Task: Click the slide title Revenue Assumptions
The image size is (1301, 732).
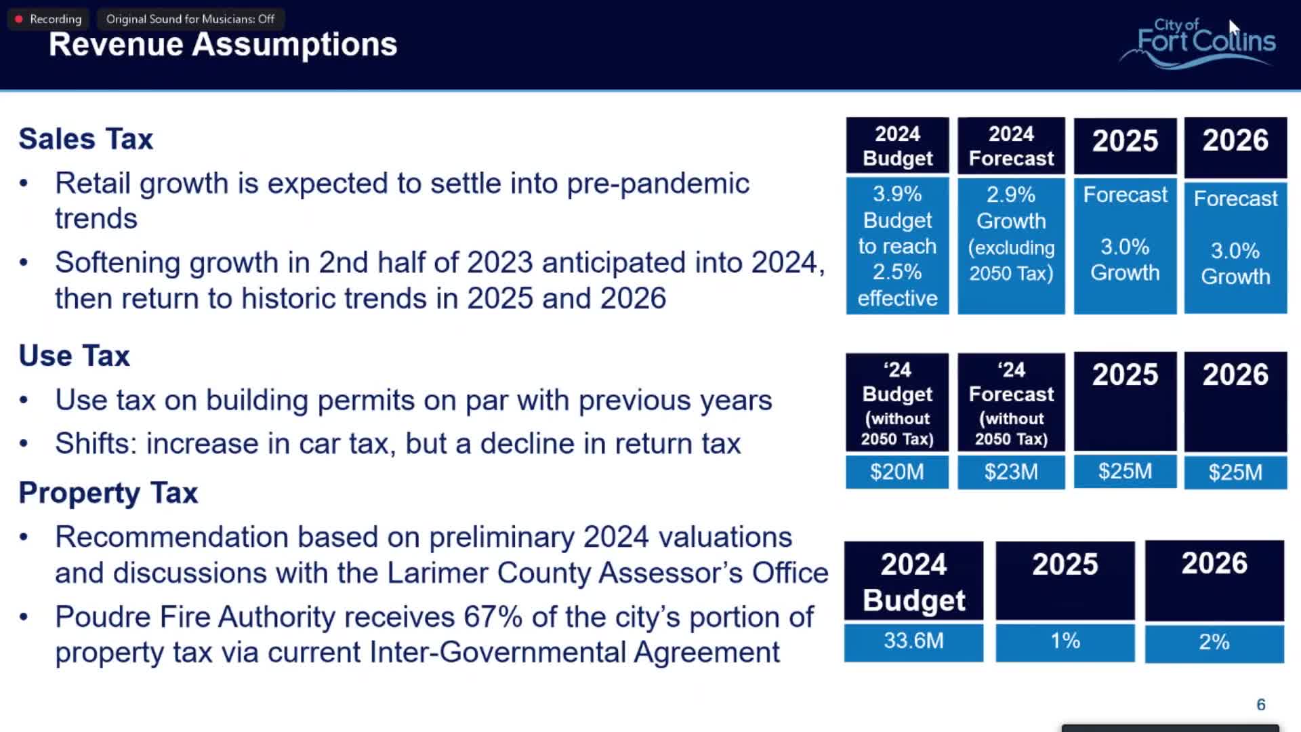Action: click(223, 45)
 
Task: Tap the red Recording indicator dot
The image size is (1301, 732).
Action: click(19, 19)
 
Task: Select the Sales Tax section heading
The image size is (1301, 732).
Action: click(86, 139)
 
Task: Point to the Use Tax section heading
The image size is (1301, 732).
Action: click(75, 356)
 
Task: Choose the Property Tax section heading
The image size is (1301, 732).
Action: click(108, 493)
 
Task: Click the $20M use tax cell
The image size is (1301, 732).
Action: click(896, 472)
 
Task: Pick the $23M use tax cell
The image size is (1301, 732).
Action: click(1011, 472)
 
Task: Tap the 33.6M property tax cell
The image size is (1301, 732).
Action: click(913, 641)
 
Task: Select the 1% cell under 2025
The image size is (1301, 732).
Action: click(1065, 641)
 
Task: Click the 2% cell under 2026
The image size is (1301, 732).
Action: click(1214, 642)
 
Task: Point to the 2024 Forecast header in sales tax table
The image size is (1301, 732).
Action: click(1011, 146)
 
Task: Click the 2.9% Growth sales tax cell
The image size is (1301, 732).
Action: click(1011, 234)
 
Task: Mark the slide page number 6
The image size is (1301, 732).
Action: click(1260, 705)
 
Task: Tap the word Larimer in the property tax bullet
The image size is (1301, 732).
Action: click(438, 573)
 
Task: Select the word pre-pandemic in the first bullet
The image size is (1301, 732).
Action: click(658, 184)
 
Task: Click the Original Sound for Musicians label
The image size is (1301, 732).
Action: click(190, 19)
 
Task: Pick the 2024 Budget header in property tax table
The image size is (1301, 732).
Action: click(913, 582)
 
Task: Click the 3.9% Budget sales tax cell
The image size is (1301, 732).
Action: click(897, 245)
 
